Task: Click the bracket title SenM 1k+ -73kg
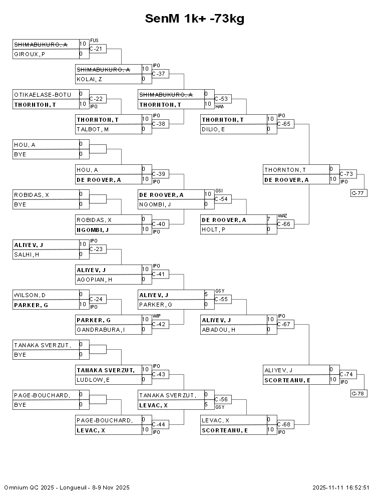(x=195, y=19)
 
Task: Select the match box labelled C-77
(x=359, y=193)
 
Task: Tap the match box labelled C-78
(x=359, y=393)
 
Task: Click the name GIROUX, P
(x=30, y=54)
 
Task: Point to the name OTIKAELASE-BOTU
(x=42, y=94)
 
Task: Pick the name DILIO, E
(x=212, y=129)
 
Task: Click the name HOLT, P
(x=212, y=229)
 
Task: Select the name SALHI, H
(x=27, y=255)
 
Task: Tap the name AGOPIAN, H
(x=94, y=280)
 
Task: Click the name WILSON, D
(x=30, y=295)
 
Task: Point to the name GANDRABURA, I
(x=100, y=330)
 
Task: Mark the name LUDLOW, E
(x=93, y=380)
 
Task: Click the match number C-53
(x=221, y=99)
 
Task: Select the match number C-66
(x=283, y=224)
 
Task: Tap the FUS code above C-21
(x=94, y=40)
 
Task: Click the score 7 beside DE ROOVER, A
(x=269, y=219)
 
